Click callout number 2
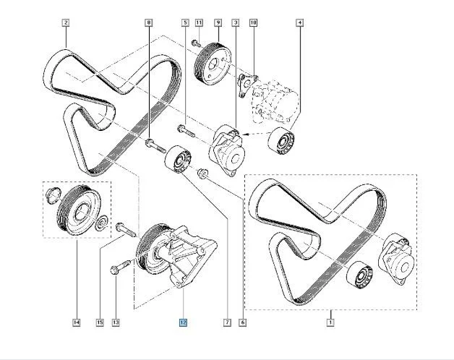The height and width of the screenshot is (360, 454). [x=65, y=22]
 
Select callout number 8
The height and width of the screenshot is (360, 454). [x=149, y=22]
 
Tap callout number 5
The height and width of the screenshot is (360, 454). [x=185, y=22]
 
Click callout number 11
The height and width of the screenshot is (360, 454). [x=199, y=22]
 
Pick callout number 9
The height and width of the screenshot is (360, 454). [x=217, y=22]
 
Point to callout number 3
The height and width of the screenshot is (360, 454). [x=236, y=22]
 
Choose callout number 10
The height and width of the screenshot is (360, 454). [x=253, y=22]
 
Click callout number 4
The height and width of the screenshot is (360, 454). [x=299, y=22]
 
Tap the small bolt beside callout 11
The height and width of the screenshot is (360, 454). [x=195, y=44]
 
